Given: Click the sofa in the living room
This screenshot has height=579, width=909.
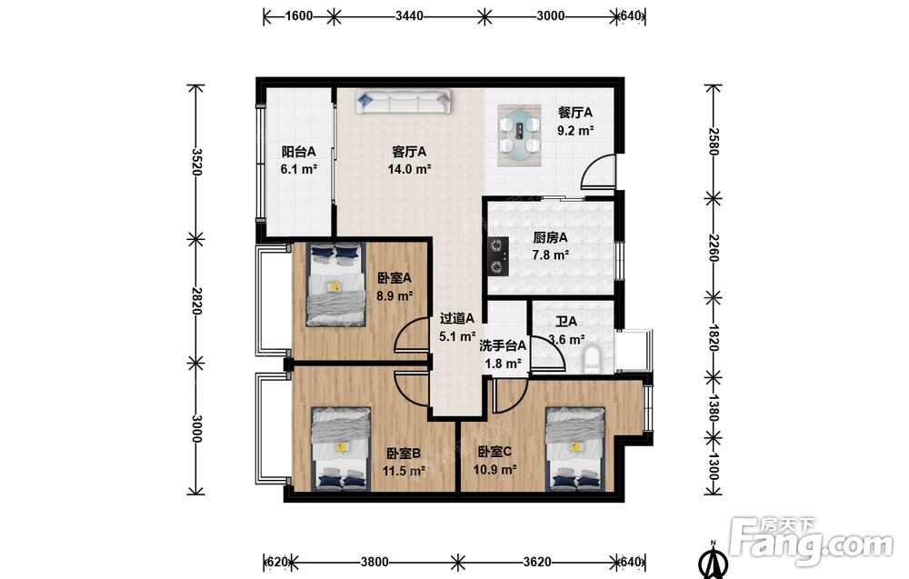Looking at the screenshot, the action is coord(403,103).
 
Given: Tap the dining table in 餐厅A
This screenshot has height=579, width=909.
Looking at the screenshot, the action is coord(519,134).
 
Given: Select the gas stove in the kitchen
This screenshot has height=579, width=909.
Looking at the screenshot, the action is coord(498,255).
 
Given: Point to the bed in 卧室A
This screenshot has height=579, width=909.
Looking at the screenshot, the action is coord(336,284).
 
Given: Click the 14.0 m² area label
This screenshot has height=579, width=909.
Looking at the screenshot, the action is coord(409,169).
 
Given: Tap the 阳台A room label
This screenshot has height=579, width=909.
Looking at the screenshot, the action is coord(298,152).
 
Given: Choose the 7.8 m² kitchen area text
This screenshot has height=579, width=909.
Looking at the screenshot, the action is coord(550,255).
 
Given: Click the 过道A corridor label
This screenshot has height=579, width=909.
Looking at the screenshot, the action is coord(457,318).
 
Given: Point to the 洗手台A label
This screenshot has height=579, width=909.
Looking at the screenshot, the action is coord(503,346).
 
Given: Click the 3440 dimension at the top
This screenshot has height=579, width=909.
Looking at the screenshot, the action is coord(409,15).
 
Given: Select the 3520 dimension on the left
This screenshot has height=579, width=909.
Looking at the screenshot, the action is coord(196,162).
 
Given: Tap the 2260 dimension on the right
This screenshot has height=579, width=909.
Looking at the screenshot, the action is coord(713,248).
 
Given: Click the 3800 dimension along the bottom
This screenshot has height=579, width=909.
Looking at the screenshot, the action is coord(375,562).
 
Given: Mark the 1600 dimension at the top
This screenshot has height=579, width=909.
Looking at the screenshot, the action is coord(298,15).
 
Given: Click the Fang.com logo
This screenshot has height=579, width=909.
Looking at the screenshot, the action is coord(812,541).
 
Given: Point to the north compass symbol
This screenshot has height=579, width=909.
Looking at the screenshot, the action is coord(714,559).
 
